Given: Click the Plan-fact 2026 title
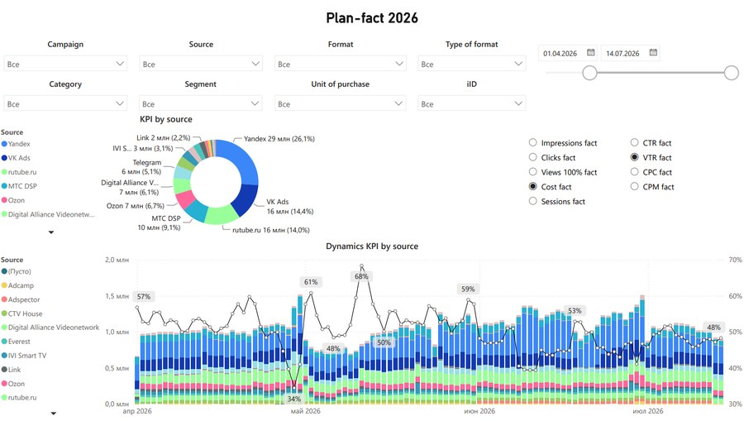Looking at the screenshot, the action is click(372, 18).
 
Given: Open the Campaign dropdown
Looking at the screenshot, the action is click(65, 64).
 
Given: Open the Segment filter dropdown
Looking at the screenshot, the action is click(200, 103).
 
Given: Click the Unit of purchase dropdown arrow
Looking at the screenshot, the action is click(398, 103).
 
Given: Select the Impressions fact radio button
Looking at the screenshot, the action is click(533, 142).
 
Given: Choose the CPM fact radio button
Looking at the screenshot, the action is click(634, 187).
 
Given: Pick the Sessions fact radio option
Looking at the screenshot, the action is click(533, 201).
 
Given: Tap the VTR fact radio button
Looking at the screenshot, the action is click(634, 157).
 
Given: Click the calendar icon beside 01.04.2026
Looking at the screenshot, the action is click(591, 52).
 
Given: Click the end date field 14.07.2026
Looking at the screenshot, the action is click(622, 54).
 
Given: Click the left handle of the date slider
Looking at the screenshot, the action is click(589, 73).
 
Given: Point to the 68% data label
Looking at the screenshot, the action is click(361, 276).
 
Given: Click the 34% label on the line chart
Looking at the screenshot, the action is click(293, 399).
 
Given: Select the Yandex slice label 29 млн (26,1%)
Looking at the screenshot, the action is click(279, 139).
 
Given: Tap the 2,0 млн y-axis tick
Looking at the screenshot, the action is click(117, 260).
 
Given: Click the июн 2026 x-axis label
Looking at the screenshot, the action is click(479, 411).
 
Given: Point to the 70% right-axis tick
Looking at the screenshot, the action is click(735, 260).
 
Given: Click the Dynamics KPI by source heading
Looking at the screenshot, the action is click(372, 246).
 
